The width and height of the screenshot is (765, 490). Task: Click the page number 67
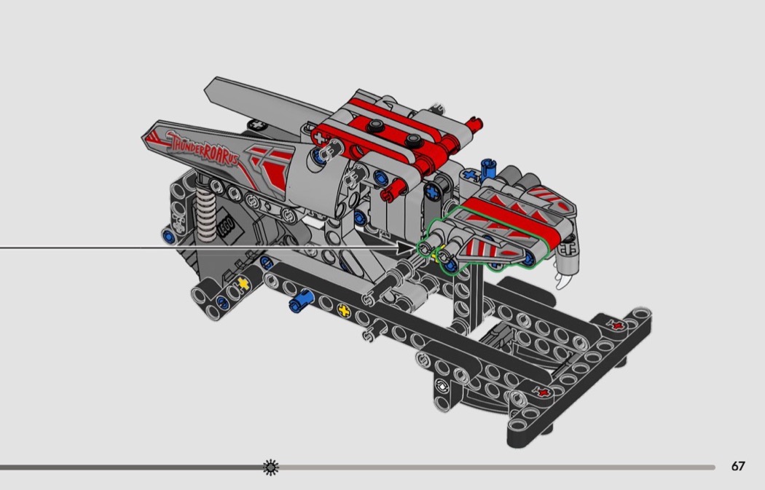click(737, 466)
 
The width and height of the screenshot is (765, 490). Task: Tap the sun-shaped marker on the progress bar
click(271, 467)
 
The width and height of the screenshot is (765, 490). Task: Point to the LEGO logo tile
click(227, 226)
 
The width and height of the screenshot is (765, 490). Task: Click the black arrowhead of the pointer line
click(406, 248)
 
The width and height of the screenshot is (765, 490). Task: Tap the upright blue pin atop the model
click(487, 168)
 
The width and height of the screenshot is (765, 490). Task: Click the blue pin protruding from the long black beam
click(300, 301)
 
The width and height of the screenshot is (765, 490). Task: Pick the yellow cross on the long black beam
click(344, 310)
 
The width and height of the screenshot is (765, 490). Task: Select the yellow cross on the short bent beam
click(243, 283)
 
